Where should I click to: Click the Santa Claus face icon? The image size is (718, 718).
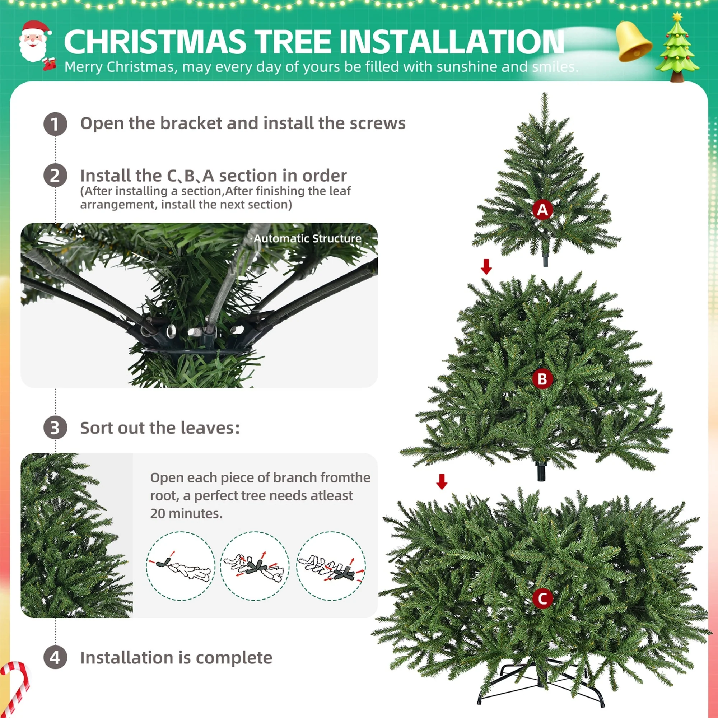[34, 42]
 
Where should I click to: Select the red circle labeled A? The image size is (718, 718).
[542, 210]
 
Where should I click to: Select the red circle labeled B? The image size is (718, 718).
[542, 379]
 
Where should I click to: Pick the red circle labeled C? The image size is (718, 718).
[542, 599]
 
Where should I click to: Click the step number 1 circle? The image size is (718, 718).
[55, 124]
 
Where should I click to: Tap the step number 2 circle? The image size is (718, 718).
[55, 176]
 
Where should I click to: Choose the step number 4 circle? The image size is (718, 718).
[55, 657]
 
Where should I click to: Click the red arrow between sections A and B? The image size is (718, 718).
[486, 266]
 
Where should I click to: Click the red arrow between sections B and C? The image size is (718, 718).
[442, 481]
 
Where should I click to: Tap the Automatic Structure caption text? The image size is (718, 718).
[307, 239]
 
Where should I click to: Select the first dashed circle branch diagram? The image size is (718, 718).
[181, 566]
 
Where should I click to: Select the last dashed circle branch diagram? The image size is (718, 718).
[331, 566]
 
